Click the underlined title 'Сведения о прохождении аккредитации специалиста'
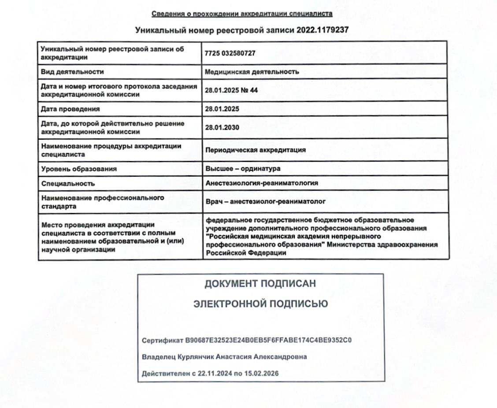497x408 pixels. pos(242,14)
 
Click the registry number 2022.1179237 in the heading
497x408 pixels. pos(323,30)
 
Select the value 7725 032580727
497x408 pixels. pos(230,53)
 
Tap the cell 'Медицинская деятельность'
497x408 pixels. pos(252,71)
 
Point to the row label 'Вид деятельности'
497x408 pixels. pos(72,71)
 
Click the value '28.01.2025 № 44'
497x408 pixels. pos(231,90)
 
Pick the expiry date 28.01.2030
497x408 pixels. pos(222,127)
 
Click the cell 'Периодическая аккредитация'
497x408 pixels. pos(256,150)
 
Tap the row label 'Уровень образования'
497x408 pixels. pos(79,169)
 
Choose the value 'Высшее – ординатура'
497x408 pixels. pos(243,169)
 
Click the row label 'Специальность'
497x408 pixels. pos(68,183)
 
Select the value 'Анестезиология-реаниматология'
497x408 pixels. pos(262,183)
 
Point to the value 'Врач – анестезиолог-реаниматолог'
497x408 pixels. pos(265,202)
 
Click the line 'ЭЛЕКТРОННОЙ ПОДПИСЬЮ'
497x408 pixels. pos(260,304)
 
